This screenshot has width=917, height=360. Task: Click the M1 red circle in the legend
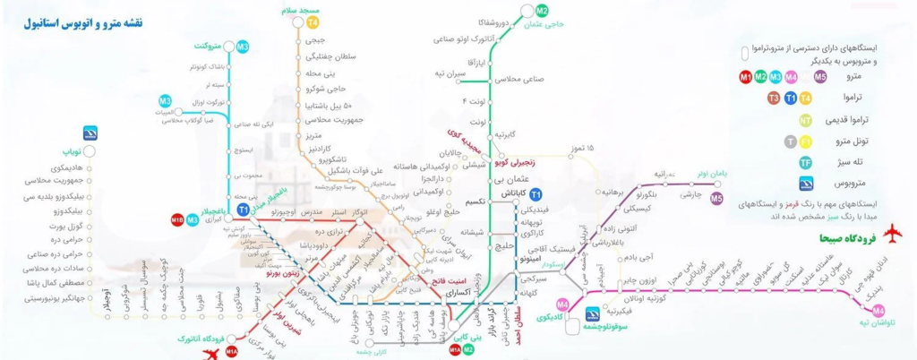(x=746, y=78)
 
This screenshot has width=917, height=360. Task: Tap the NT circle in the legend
(x=806, y=119)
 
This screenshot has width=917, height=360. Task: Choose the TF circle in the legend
(x=806, y=162)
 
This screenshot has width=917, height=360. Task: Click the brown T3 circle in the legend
(x=773, y=99)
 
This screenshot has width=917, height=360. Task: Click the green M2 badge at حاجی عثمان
(x=541, y=11)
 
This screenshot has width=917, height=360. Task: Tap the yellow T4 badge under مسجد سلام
(x=313, y=21)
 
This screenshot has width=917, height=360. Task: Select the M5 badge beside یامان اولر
(x=716, y=199)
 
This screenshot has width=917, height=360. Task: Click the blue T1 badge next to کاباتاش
(x=536, y=194)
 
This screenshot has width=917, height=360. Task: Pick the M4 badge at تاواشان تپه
(x=878, y=311)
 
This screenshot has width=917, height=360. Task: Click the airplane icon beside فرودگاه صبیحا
(x=891, y=236)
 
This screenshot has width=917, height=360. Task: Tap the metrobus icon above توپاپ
(x=90, y=133)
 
